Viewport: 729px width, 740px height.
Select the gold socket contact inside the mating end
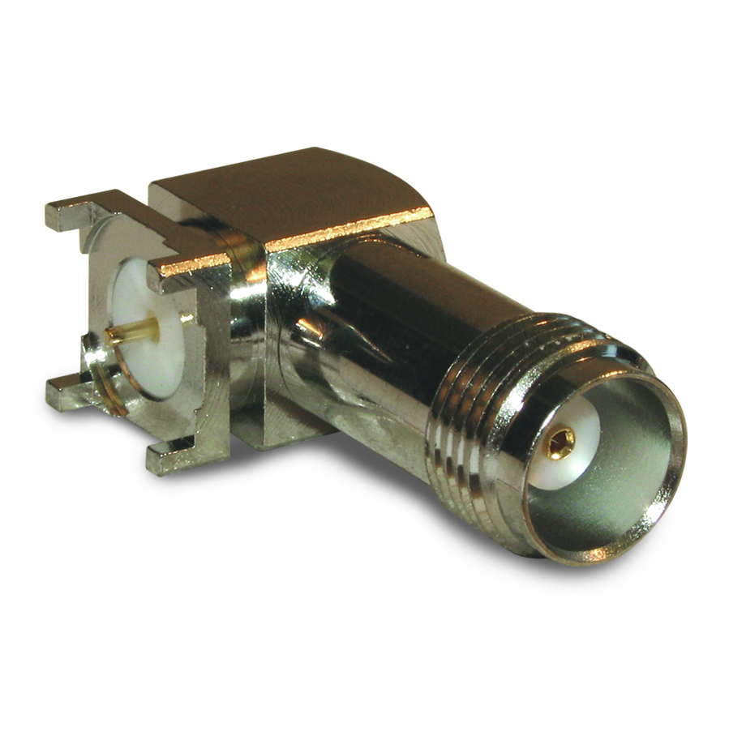[559, 442]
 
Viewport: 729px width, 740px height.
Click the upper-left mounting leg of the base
[73, 214]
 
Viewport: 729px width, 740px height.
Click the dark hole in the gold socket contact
[560, 442]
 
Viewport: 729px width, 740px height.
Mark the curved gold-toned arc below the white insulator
[109, 397]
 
